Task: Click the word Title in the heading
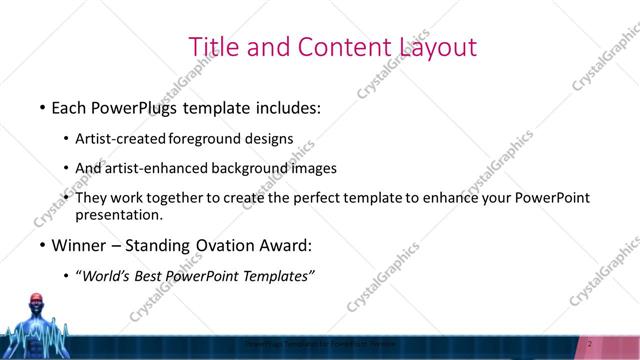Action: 213,46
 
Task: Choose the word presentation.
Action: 119,214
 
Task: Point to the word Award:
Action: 290,245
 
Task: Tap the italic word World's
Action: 107,276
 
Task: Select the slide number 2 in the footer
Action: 590,344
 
